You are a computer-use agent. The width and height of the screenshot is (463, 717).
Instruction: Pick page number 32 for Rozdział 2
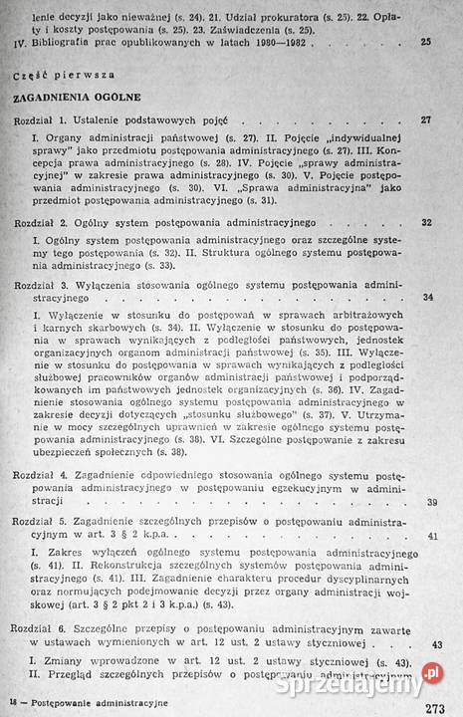(427, 222)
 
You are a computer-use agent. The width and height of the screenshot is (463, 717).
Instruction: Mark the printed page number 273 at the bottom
(435, 709)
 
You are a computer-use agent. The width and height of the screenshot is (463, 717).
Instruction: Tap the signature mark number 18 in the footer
(11, 702)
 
